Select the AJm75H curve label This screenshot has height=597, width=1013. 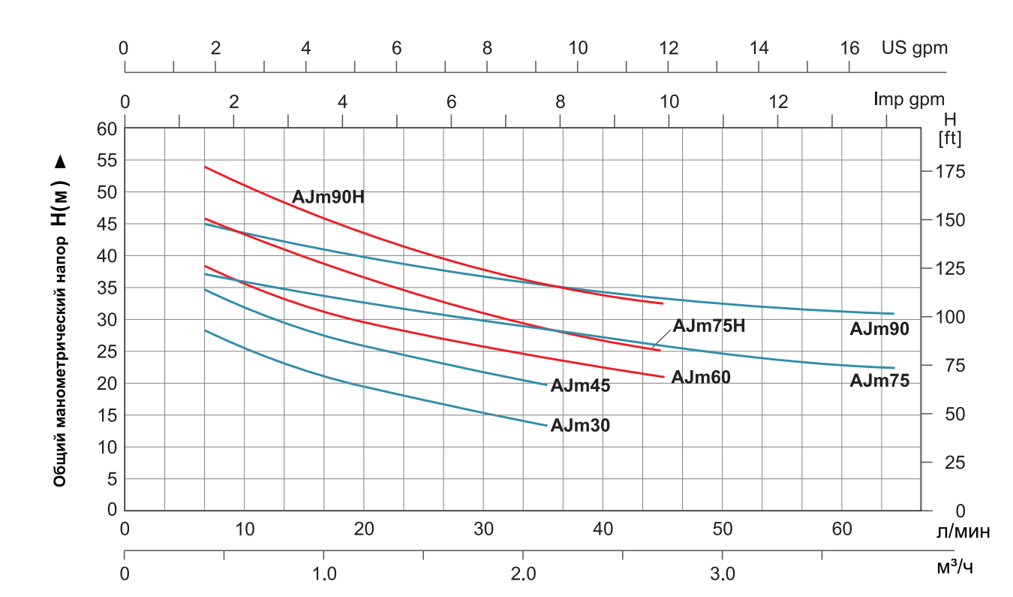(708, 326)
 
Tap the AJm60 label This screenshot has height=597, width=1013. (701, 377)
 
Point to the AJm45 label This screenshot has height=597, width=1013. (580, 386)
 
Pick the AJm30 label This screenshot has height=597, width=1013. (580, 426)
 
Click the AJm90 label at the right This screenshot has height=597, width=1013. (879, 328)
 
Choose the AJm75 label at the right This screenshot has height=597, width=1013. (879, 381)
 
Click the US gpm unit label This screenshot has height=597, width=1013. (915, 48)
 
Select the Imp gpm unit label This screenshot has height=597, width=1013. (909, 98)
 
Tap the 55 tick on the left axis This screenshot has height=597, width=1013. (107, 160)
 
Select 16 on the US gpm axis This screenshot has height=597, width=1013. (849, 48)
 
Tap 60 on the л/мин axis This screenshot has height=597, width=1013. (842, 529)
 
